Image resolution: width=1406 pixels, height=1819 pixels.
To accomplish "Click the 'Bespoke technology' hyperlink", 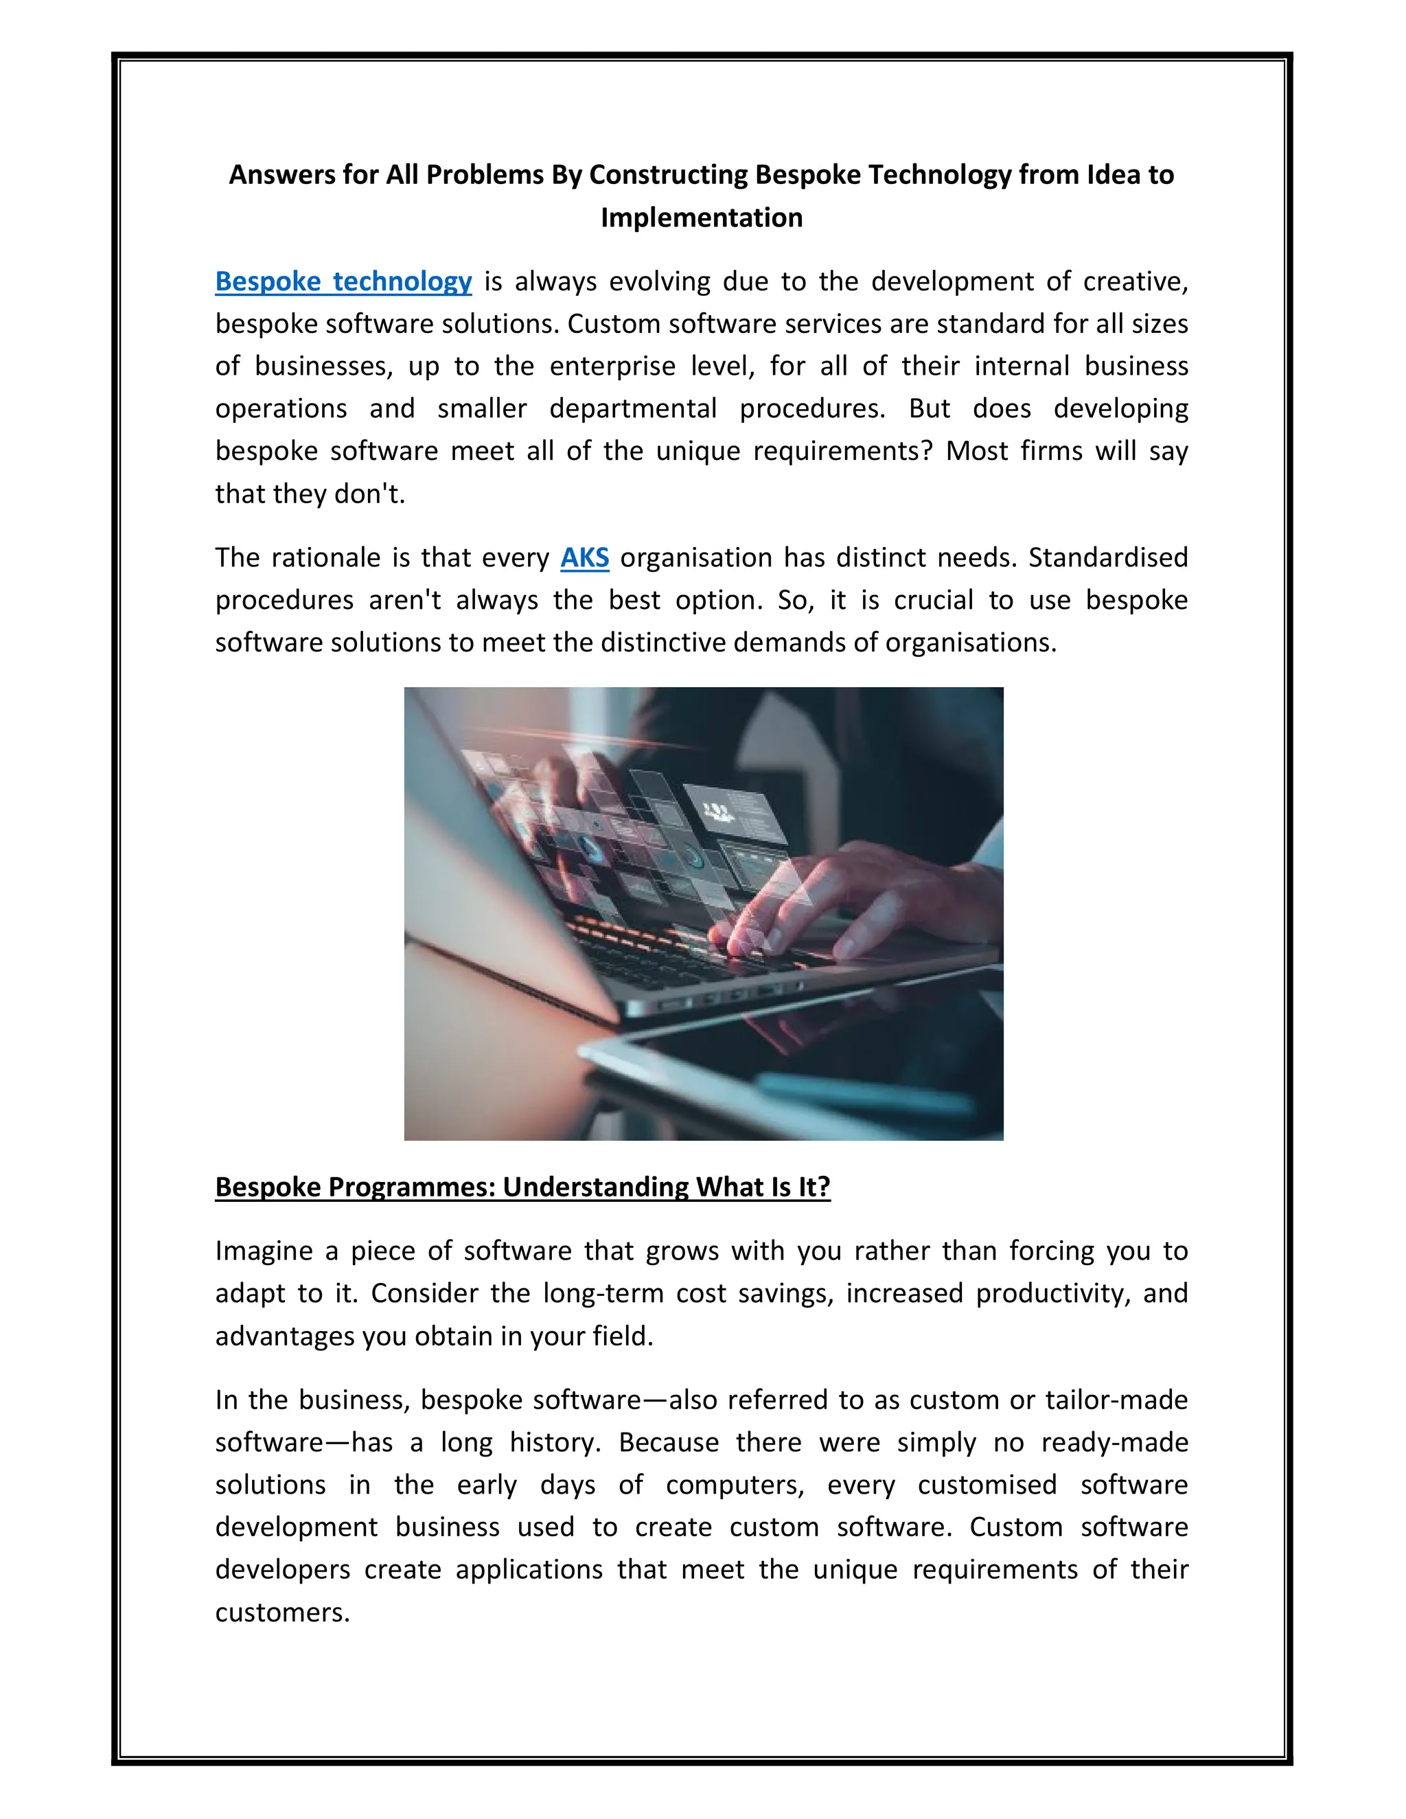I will tap(343, 281).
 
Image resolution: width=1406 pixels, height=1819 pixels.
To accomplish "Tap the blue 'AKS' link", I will tap(584, 557).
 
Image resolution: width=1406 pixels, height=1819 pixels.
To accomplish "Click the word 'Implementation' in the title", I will tap(702, 218).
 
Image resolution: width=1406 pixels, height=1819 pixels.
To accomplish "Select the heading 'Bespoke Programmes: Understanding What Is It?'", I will tap(522, 1186).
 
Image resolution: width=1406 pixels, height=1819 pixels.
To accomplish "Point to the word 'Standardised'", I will tap(1108, 557).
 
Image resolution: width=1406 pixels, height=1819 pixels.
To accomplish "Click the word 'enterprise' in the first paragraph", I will tap(612, 367).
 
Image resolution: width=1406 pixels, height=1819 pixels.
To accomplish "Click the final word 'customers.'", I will tap(282, 1612).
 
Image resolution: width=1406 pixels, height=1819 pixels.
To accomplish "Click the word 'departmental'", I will tap(633, 409).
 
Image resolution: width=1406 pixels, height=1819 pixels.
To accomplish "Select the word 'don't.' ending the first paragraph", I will tap(370, 494).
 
